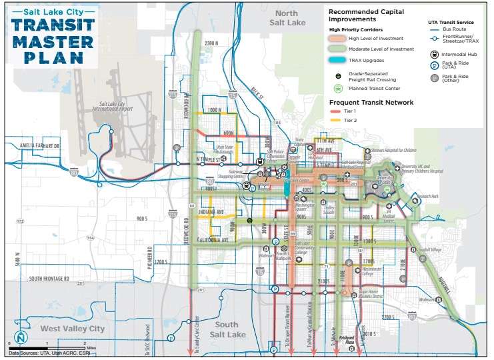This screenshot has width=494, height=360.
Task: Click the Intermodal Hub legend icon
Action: click(x=434, y=56)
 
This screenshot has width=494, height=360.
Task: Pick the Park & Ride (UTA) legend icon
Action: click(x=434, y=66)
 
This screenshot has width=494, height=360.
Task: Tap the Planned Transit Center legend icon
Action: click(x=338, y=88)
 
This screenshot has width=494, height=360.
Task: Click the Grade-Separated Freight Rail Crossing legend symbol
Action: click(x=339, y=76)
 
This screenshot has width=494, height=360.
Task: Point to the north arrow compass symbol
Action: click(x=16, y=338)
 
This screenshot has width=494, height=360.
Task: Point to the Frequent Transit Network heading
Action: click(x=371, y=102)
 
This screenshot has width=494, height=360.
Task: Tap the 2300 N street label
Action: click(x=211, y=43)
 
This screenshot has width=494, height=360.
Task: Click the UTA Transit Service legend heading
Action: click(x=451, y=22)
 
